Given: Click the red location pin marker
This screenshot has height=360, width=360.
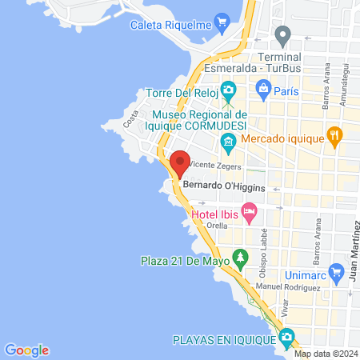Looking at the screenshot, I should pyautogui.click(x=180, y=163).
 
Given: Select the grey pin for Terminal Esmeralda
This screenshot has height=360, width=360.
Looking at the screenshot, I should pyautogui.click(x=282, y=36).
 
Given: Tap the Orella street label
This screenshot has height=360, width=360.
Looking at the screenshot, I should pyautogui.click(x=217, y=226).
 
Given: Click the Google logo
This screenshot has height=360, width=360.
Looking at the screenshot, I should pyautogui.click(x=26, y=350).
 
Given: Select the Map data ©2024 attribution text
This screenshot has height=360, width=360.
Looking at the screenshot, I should pyautogui.click(x=326, y=354).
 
